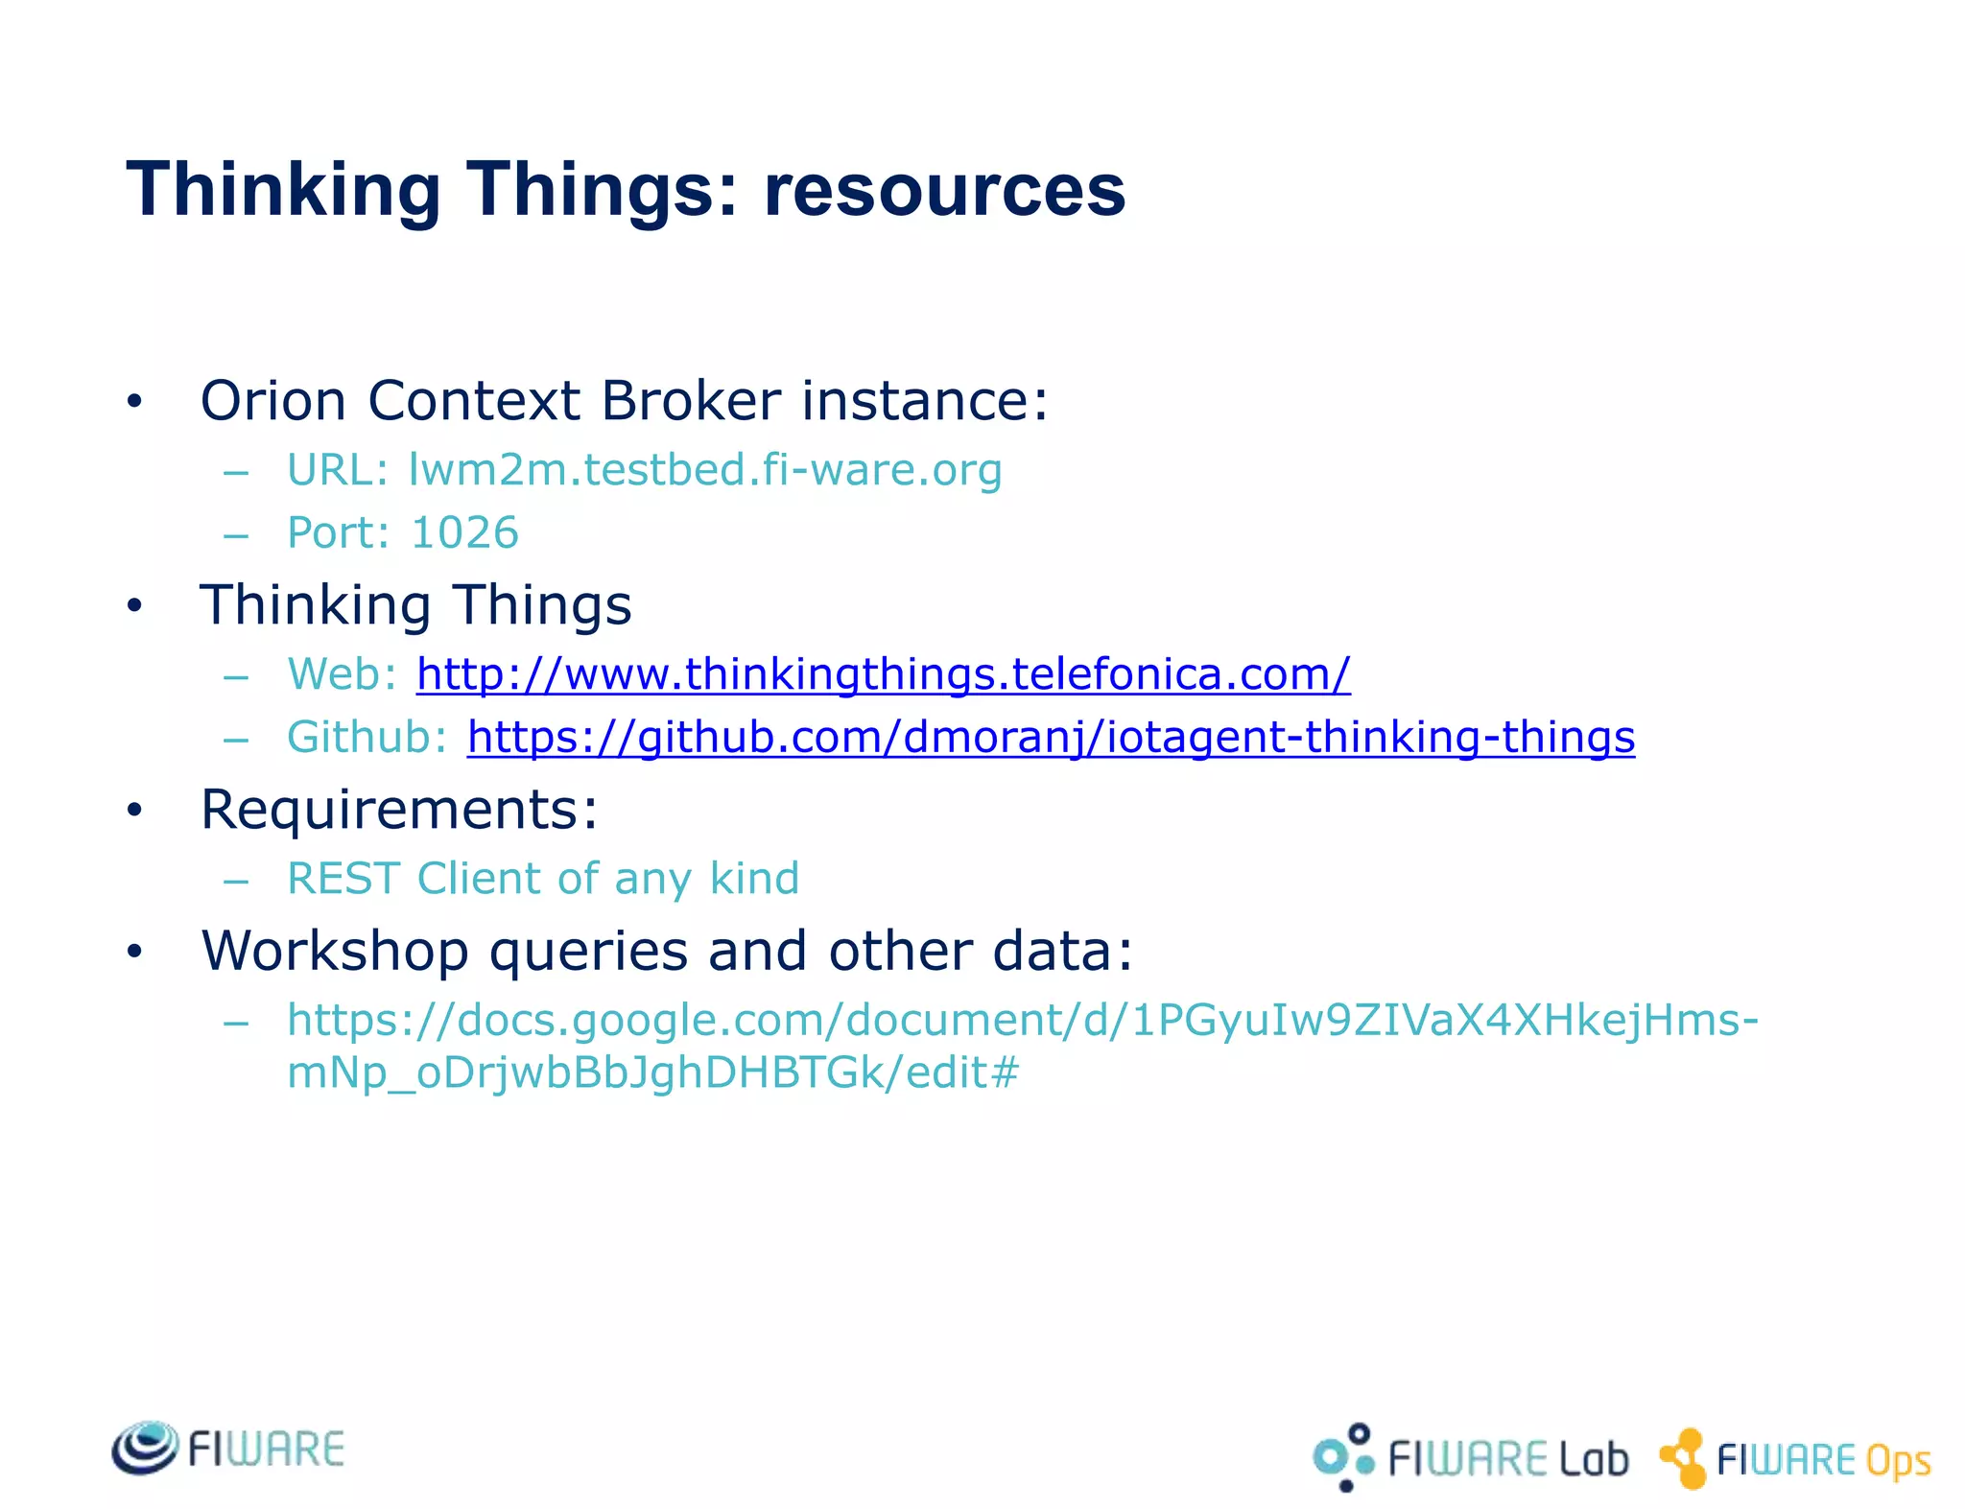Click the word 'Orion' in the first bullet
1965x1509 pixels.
[x=272, y=400]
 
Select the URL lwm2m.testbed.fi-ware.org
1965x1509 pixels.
[x=704, y=470]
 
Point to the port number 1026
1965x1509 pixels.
[x=464, y=533]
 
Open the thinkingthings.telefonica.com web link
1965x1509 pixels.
[x=883, y=674]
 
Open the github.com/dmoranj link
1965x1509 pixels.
[x=1051, y=738]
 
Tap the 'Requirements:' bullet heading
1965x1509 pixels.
[x=399, y=810]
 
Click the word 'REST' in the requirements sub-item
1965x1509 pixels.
[x=343, y=879]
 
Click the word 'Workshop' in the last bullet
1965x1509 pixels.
[x=335, y=951]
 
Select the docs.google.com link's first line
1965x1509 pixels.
[x=1023, y=1020]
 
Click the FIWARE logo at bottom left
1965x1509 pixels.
[x=228, y=1449]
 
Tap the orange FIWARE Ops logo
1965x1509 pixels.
[x=1795, y=1459]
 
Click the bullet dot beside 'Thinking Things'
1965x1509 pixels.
[x=135, y=606]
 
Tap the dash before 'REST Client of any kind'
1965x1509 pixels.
[x=236, y=880]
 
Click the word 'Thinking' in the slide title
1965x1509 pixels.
[x=284, y=189]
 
